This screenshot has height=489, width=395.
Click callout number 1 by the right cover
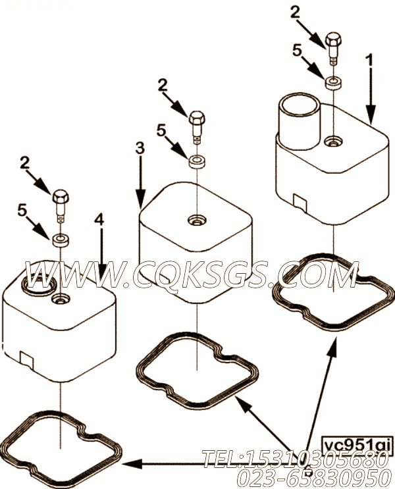pos(369,61)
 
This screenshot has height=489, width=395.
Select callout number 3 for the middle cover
pos(139,149)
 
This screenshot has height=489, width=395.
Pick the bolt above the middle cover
pos(196,126)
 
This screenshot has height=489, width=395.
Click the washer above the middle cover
pos(196,161)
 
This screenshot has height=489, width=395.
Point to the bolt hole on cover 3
pos(196,220)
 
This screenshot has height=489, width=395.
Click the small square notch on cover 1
pos(298,201)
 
